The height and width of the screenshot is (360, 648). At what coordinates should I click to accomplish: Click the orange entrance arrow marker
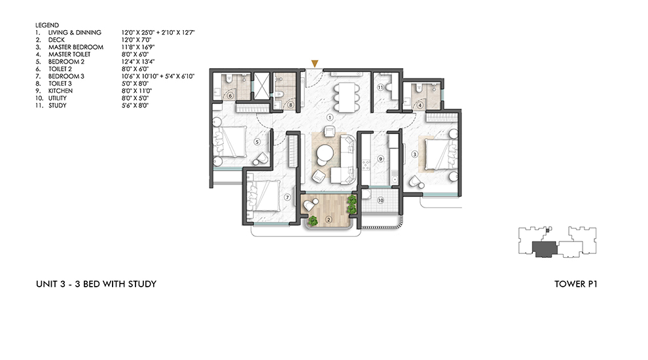tap(315, 63)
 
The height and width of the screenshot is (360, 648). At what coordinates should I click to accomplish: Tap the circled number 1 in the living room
tap(331, 118)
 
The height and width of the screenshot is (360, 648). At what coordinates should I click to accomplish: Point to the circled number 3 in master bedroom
tap(414, 154)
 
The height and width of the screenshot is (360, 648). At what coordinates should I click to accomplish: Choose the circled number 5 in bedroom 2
tap(257, 141)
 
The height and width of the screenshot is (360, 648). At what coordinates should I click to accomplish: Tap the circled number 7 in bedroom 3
tap(286, 196)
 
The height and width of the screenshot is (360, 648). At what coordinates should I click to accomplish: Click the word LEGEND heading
tap(46, 25)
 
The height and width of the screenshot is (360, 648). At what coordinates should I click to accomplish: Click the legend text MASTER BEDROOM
tap(73, 47)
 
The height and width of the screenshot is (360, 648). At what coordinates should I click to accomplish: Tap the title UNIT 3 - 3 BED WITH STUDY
tap(96, 284)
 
